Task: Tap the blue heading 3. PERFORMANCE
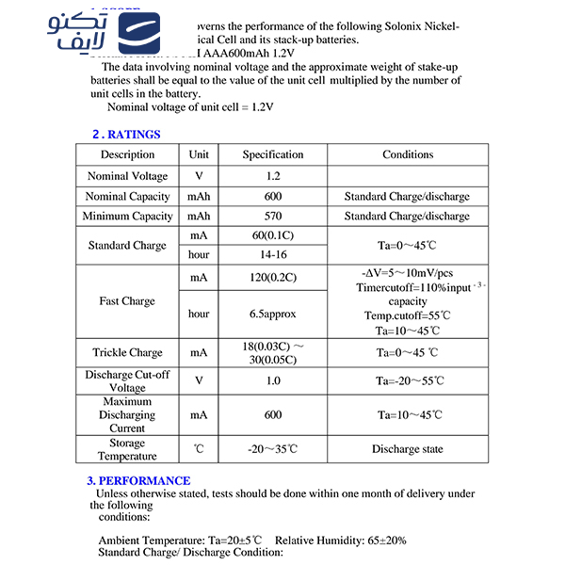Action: click(138, 480)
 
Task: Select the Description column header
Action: click(127, 154)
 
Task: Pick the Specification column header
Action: click(273, 154)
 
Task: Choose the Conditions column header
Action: click(407, 154)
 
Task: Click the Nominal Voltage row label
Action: click(127, 176)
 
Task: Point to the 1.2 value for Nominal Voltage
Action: click(273, 176)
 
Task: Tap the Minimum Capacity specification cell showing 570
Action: click(273, 217)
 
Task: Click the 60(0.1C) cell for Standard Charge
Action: click(273, 235)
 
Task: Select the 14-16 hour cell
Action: click(273, 255)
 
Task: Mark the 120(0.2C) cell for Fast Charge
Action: click(273, 278)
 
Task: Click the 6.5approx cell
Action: click(273, 314)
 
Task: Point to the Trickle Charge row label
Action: click(127, 353)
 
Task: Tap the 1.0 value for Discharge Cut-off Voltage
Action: click(273, 380)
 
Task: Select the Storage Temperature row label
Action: click(127, 449)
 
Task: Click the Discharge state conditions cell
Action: click(407, 449)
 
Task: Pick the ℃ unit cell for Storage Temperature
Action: click(199, 449)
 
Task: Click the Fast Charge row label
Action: click(127, 301)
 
